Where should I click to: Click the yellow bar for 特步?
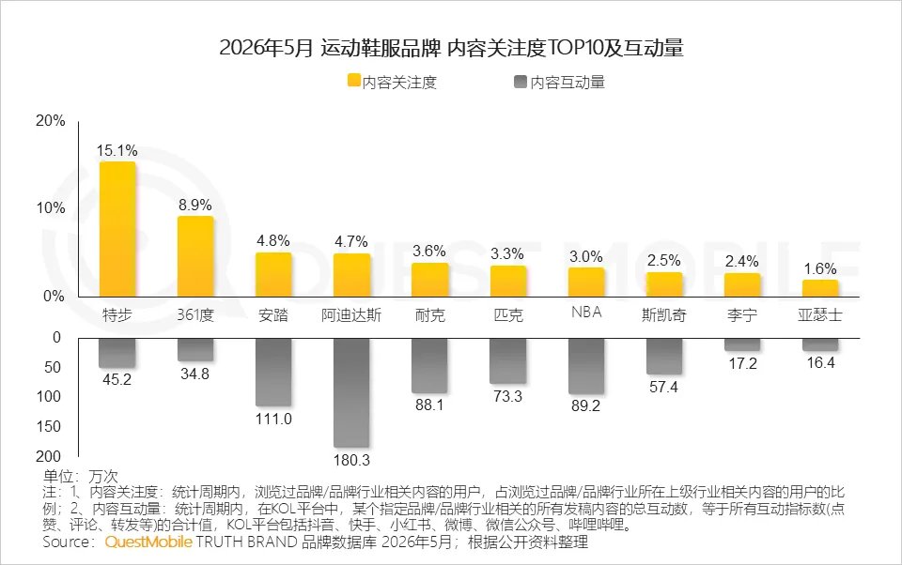[117, 229]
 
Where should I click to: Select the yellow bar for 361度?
[195, 256]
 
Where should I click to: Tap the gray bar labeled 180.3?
[351, 392]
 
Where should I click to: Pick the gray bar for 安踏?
[273, 372]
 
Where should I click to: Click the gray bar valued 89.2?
[586, 365]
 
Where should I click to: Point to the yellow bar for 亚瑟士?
[820, 288]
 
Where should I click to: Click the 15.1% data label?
[117, 150]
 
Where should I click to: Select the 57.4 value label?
[664, 387]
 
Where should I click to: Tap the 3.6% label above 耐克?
[429, 251]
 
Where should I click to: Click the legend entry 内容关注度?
[393, 83]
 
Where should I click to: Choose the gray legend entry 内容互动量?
[560, 83]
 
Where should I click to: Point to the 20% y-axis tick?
[51, 121]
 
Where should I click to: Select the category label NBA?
[586, 313]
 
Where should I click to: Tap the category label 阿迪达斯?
[351, 315]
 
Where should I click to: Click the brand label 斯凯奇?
[664, 315]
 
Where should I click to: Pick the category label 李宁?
[742, 315]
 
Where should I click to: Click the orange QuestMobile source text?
[148, 542]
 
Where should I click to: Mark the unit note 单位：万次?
[80, 476]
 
